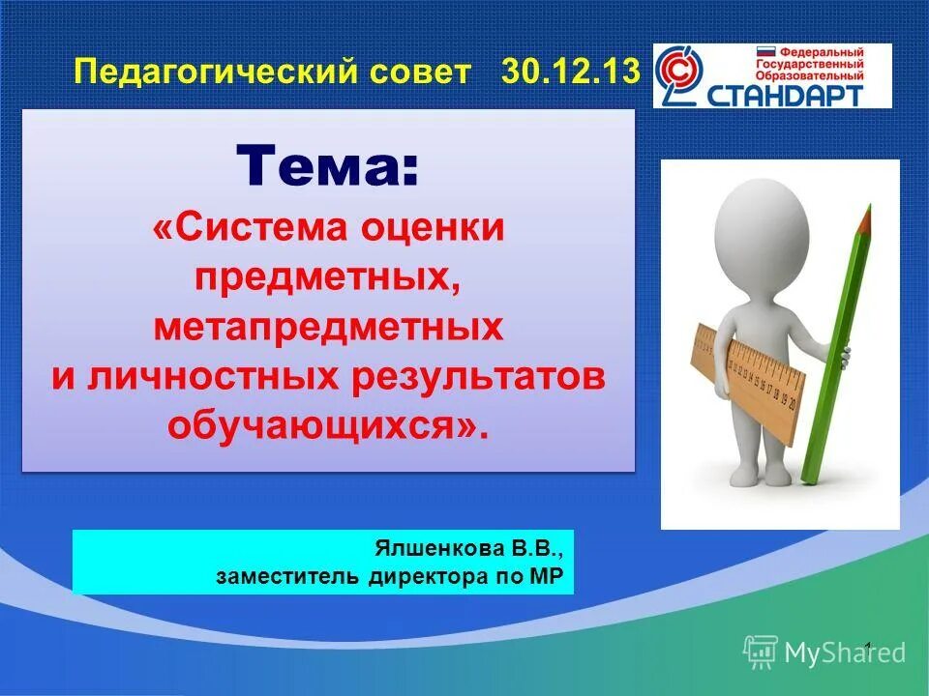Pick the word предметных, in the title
[328, 278]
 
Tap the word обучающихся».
[328, 426]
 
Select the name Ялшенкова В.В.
[468, 549]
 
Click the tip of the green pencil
[868, 208]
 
